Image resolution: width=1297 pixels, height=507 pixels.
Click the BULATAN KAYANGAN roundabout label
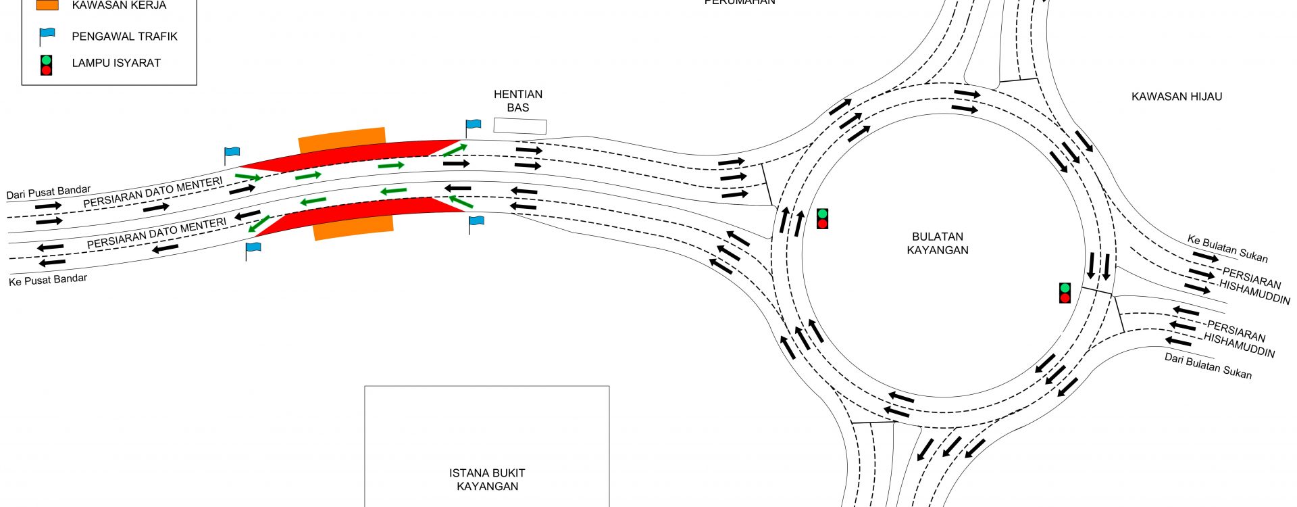point(937,243)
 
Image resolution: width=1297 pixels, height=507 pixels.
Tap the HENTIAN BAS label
point(518,101)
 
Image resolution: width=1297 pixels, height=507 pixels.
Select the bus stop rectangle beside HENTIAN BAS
point(519,126)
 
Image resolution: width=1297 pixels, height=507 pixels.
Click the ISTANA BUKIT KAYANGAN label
point(487,479)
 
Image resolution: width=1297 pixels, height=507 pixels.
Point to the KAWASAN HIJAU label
point(1177,97)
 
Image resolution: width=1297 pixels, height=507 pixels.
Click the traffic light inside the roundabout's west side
point(822,218)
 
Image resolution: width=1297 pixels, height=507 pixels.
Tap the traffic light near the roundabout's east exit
point(1065,293)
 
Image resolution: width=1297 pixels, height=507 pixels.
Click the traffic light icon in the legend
point(46,65)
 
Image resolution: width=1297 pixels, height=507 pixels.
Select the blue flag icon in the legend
point(47,35)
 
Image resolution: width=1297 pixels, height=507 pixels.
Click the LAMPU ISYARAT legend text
point(116,63)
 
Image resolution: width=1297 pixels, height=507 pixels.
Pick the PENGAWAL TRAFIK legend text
point(124,37)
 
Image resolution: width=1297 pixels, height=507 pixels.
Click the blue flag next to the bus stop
point(473,125)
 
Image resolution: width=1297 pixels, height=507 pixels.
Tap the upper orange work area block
point(342,139)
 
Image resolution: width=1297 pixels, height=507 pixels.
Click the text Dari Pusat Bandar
point(48,193)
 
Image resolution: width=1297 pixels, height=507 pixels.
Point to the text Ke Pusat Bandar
point(48,279)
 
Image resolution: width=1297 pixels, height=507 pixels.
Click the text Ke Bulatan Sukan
point(1227,248)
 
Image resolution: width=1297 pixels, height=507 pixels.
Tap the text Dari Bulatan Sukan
point(1208,366)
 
